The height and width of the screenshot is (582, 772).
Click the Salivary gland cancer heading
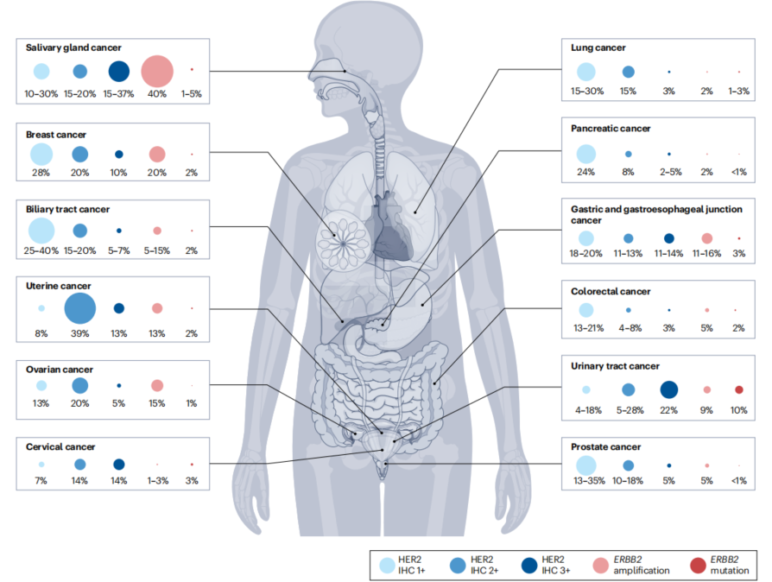[73, 47]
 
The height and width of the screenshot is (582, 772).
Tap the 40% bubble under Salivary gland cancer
[157, 71]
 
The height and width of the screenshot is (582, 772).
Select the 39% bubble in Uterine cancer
[79, 307]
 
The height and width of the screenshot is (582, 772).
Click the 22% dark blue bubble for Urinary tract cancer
[668, 389]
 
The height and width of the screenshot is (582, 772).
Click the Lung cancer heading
[598, 47]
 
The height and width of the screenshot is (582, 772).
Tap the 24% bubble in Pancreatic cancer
[586, 154]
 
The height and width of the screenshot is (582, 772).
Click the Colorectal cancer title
[611, 292]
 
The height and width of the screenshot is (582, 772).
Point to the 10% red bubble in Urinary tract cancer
[738, 389]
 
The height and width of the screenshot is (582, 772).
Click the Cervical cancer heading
[60, 446]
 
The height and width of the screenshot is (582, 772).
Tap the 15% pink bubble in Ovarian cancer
[157, 385]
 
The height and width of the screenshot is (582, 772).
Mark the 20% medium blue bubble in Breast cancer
[79, 155]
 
